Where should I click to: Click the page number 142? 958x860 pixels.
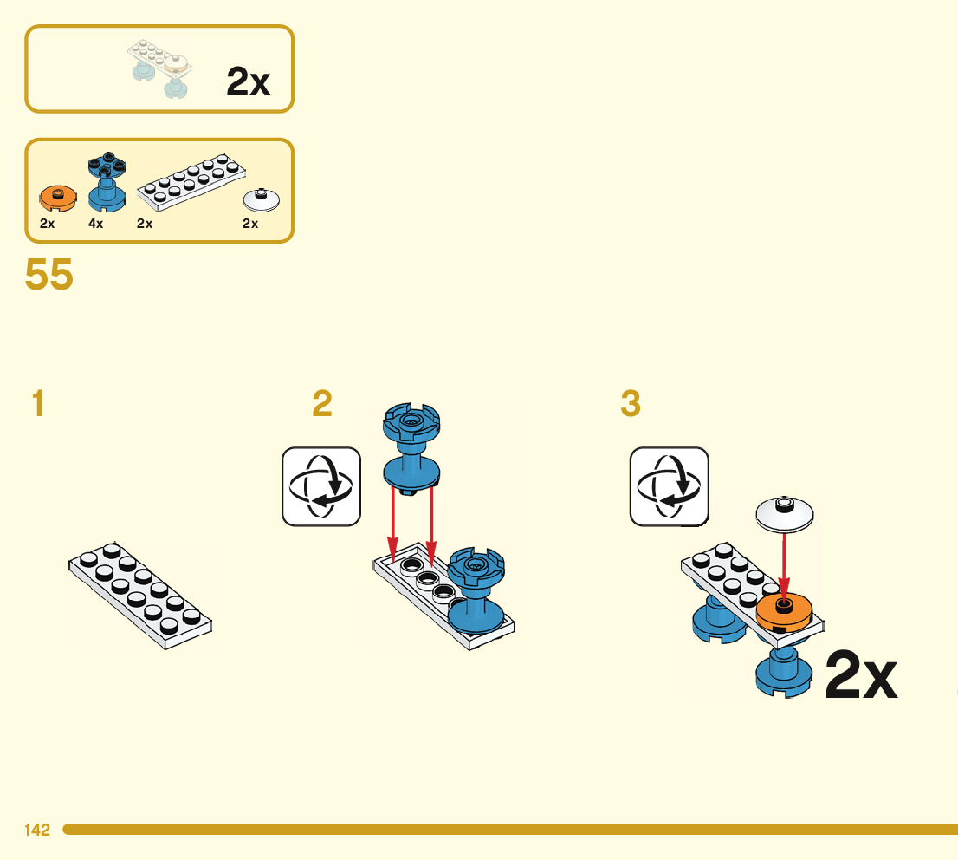click(x=37, y=830)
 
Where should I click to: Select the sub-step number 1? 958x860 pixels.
click(x=37, y=404)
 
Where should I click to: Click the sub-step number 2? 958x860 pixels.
click(x=321, y=404)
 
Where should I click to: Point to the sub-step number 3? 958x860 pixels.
click(x=631, y=404)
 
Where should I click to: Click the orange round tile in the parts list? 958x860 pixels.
click(x=57, y=199)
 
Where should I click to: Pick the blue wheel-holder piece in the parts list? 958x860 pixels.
click(x=107, y=183)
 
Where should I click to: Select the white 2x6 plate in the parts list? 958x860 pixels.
click(x=191, y=182)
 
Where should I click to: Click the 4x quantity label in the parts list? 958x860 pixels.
click(x=95, y=223)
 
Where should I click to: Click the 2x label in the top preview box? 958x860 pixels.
click(x=248, y=82)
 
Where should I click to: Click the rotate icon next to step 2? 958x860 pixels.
click(x=321, y=486)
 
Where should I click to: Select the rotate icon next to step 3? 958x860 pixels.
click(x=669, y=486)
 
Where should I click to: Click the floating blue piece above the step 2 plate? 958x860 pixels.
click(x=412, y=451)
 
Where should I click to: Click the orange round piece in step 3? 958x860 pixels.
click(x=783, y=612)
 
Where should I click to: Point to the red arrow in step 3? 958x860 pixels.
click(x=784, y=564)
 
